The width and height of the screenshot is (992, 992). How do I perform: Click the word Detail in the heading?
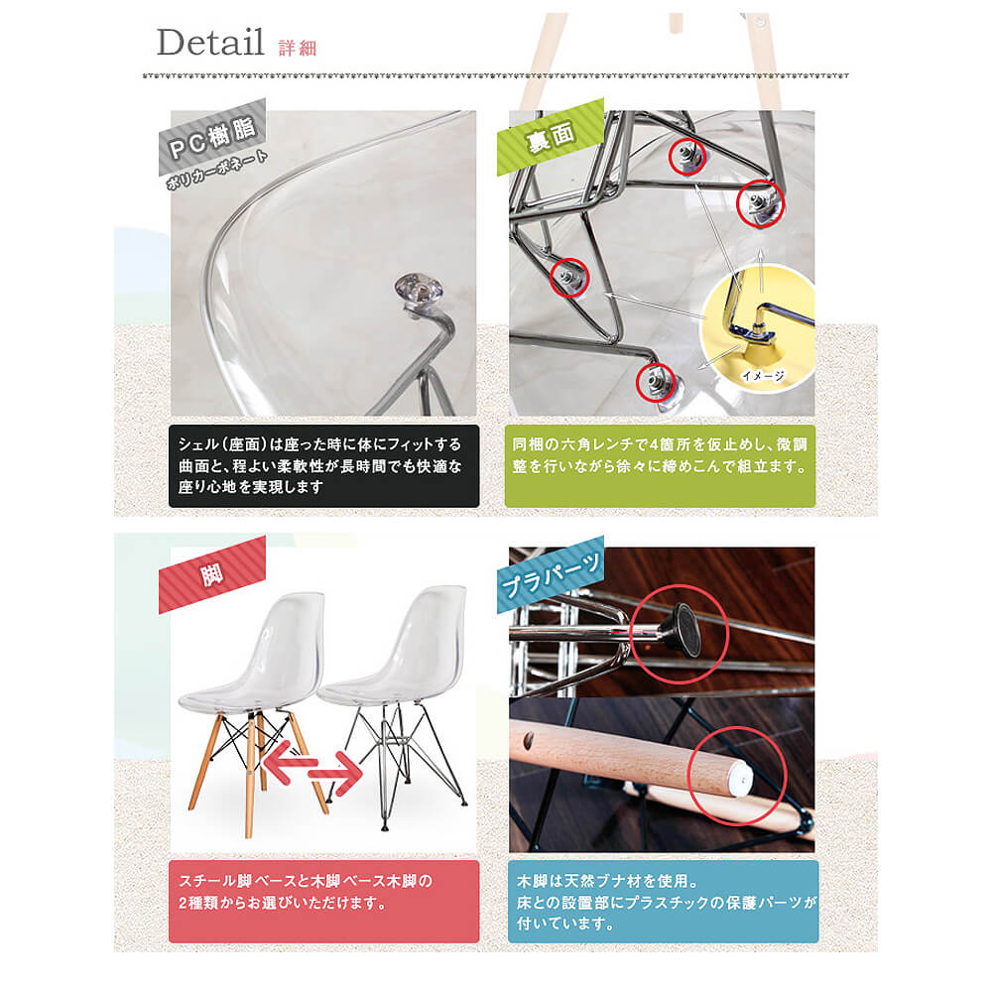coord(210,43)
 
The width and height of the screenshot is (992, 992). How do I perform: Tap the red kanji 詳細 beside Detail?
coord(298,48)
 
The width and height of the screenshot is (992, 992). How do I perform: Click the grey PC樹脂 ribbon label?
coord(212,137)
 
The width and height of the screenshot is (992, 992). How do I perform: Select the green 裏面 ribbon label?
coord(551,137)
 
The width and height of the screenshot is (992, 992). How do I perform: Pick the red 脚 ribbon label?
coord(212,574)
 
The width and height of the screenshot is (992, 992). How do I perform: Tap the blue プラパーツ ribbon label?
coord(551,574)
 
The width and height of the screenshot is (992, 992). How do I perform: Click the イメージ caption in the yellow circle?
coord(763,376)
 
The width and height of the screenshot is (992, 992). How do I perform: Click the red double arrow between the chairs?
coord(311,768)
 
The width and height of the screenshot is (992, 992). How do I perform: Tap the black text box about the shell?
coord(324,466)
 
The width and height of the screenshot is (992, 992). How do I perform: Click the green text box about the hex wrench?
coord(660,466)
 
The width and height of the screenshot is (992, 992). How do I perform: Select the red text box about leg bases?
coord(324,902)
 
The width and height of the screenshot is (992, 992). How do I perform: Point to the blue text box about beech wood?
coord(663,902)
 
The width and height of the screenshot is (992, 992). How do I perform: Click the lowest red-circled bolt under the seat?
coord(655,382)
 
